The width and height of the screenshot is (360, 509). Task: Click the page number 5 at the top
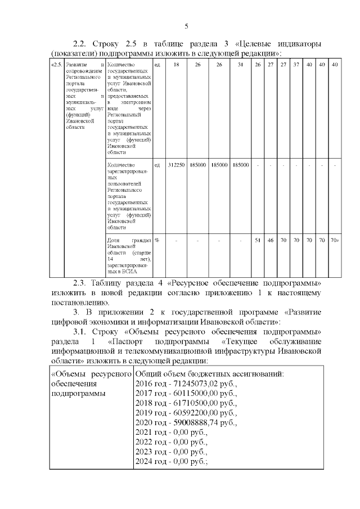[x=186, y=26]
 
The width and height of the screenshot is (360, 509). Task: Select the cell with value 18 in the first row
[x=176, y=65]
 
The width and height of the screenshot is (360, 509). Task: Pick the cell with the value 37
[x=296, y=65]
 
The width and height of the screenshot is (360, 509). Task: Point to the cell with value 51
[x=258, y=240]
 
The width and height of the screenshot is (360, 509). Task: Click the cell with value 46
[x=271, y=240]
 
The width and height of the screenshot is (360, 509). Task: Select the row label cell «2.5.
[x=56, y=65]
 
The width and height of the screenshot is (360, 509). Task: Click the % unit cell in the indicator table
[x=156, y=240]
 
